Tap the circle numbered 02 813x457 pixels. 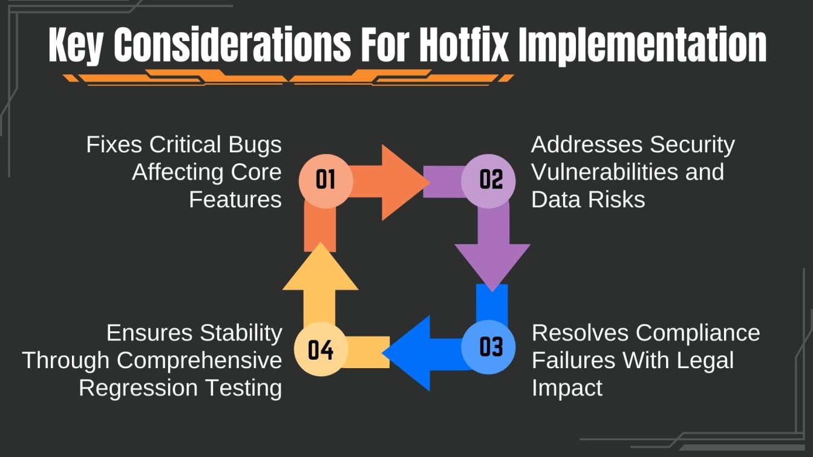pos(491,180)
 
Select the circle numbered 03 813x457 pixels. pos(491,347)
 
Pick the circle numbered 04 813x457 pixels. pos(321,350)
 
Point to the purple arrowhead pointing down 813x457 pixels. pos(492,264)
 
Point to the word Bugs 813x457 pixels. pos(253,145)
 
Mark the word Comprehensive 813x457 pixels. pos(200,361)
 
